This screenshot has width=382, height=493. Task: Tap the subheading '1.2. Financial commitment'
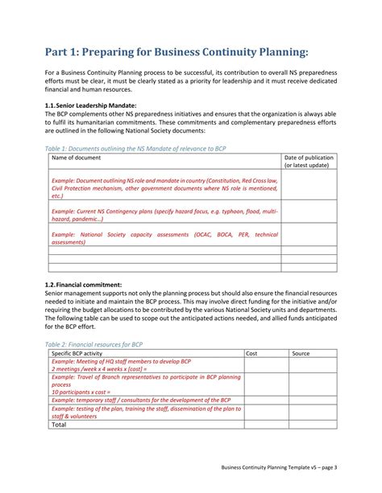83,285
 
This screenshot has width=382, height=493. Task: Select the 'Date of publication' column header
309,162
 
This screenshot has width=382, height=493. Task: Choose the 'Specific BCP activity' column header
88,353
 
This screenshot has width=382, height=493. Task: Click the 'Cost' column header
251,353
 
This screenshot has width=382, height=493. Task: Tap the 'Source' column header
301,353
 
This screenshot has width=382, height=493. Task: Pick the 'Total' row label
59,425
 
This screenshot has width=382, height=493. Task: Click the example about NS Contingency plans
164,214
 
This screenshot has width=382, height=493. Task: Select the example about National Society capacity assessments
164,237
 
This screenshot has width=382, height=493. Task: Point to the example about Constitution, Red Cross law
164,188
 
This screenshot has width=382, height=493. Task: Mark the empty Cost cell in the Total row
266,425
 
